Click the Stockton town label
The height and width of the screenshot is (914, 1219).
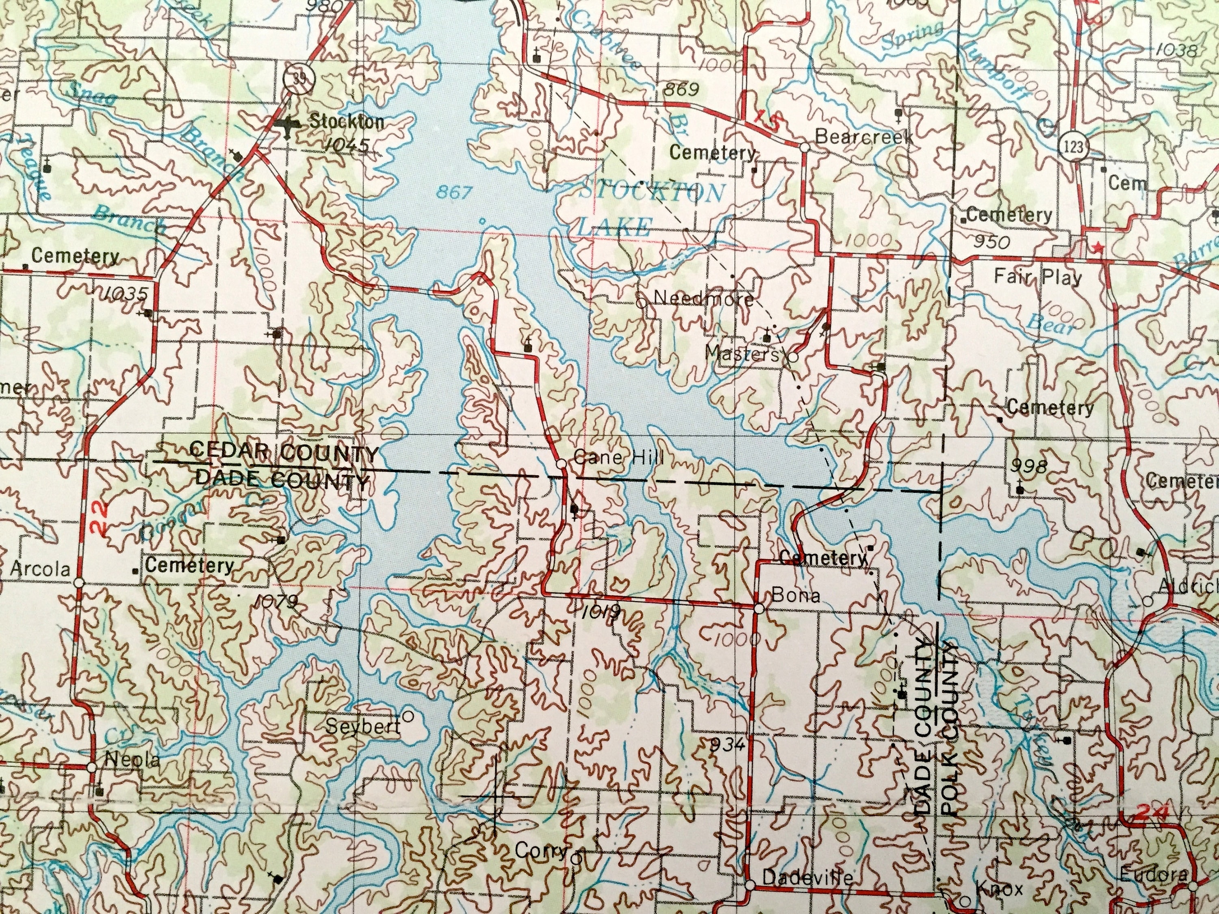coord(346,122)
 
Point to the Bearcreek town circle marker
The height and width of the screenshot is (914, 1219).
coord(804,147)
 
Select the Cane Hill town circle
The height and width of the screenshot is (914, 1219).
coord(562,464)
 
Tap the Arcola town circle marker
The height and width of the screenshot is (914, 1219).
coord(79,582)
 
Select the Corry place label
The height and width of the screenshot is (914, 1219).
coord(540,851)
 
